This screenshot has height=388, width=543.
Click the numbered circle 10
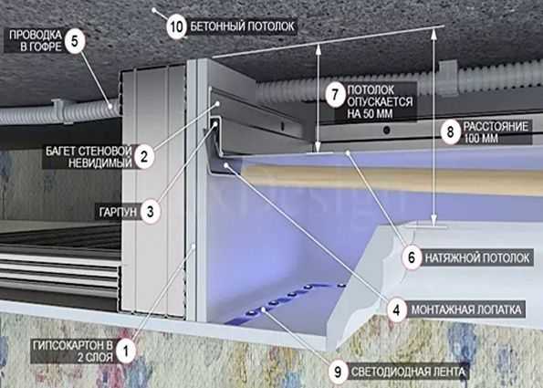coord(177,26)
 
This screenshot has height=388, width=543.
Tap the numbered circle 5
coord(75,41)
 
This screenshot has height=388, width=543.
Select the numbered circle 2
coord(143,157)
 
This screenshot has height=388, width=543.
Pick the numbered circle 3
coord(150,211)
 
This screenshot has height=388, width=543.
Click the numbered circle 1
coord(125,351)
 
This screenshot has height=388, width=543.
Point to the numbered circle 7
coord(335,94)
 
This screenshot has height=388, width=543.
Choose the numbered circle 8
coord(450,131)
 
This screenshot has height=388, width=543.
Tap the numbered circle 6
coord(412,257)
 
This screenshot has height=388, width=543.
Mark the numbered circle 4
coord(396,309)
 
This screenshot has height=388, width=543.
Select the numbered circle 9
coord(338,372)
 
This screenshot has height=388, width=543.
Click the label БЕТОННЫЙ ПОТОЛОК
coord(243,26)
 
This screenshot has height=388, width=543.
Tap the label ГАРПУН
coord(118,212)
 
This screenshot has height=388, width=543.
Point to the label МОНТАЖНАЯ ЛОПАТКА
coord(466,309)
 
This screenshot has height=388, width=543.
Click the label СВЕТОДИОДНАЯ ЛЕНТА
coord(408,372)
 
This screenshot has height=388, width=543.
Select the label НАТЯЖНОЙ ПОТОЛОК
coord(477,257)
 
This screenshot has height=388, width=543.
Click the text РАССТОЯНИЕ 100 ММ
coord(496,132)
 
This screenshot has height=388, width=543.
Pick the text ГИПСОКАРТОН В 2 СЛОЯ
coord(73,351)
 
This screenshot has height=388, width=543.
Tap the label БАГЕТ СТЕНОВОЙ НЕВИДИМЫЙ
coord(89,157)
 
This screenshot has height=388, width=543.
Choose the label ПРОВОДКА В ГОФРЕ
coord(36,40)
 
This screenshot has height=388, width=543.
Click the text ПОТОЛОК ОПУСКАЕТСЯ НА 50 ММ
coord(380,101)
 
